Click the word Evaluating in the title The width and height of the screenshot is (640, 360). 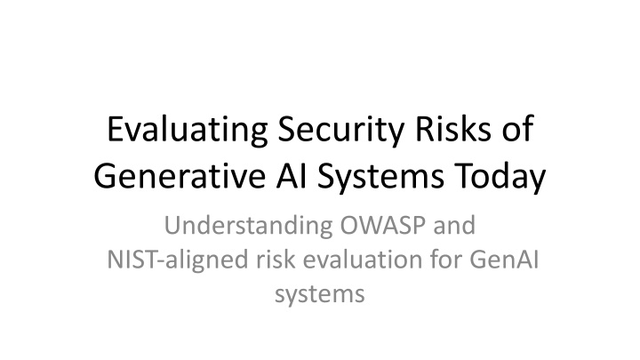tap(188, 131)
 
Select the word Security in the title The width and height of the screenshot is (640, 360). tap(341, 131)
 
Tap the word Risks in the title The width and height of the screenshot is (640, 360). tap(453, 129)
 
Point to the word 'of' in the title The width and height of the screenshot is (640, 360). tap(517, 129)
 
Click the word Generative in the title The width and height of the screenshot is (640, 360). tap(180, 175)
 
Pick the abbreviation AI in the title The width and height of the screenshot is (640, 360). tap(292, 176)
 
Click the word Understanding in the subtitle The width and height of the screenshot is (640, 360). tap(249, 226)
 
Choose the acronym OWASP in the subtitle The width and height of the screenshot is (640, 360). tap(383, 225)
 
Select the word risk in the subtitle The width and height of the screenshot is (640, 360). tap(276, 260)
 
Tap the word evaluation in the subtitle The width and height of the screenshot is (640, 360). tap(363, 260)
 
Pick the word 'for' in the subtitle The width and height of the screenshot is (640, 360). tap(445, 260)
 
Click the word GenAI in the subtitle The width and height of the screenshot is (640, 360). tap(504, 260)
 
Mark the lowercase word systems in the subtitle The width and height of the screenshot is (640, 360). tap(320, 295)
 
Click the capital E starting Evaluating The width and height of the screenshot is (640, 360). tap(115, 129)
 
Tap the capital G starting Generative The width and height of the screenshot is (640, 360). tap(104, 176)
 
